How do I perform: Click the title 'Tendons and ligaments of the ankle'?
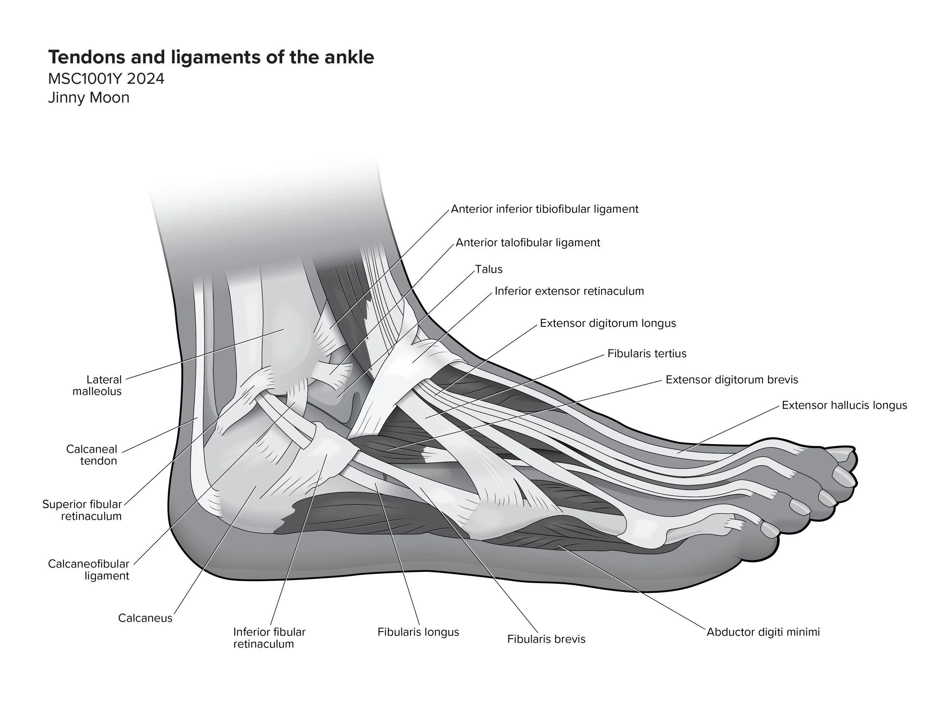pos(211,57)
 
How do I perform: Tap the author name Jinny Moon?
pos(88,98)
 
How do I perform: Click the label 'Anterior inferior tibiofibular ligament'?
pos(545,209)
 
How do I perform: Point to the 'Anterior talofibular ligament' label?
pos(528,243)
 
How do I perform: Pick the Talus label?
pos(489,269)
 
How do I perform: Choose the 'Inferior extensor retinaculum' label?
pos(569,291)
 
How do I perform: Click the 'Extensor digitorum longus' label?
pos(608,323)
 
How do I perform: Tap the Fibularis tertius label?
pos(647,354)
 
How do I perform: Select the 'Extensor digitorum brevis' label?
pos(732,380)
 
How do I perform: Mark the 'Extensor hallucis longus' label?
pos(844,406)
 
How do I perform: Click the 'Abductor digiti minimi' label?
pos(763,632)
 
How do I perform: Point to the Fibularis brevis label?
pos(546,640)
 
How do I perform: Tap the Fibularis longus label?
pos(418,632)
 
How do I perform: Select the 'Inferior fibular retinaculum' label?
pos(269,638)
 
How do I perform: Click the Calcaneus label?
pos(145,618)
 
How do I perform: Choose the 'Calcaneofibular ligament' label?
pos(88,570)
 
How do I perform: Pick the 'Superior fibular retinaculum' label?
pos(82,510)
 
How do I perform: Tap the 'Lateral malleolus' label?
pos(97,386)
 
